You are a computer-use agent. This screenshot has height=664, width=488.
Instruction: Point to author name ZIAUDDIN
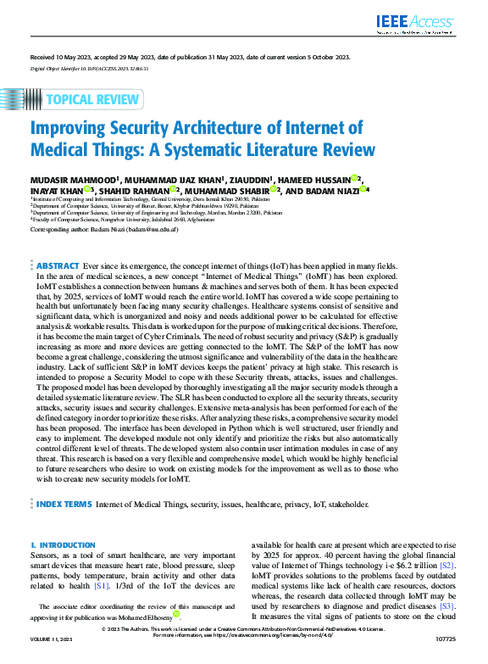[x=251, y=180]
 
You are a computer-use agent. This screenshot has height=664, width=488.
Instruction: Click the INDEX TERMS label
[x=64, y=503]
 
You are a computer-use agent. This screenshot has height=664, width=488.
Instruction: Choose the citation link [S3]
[x=447, y=606]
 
